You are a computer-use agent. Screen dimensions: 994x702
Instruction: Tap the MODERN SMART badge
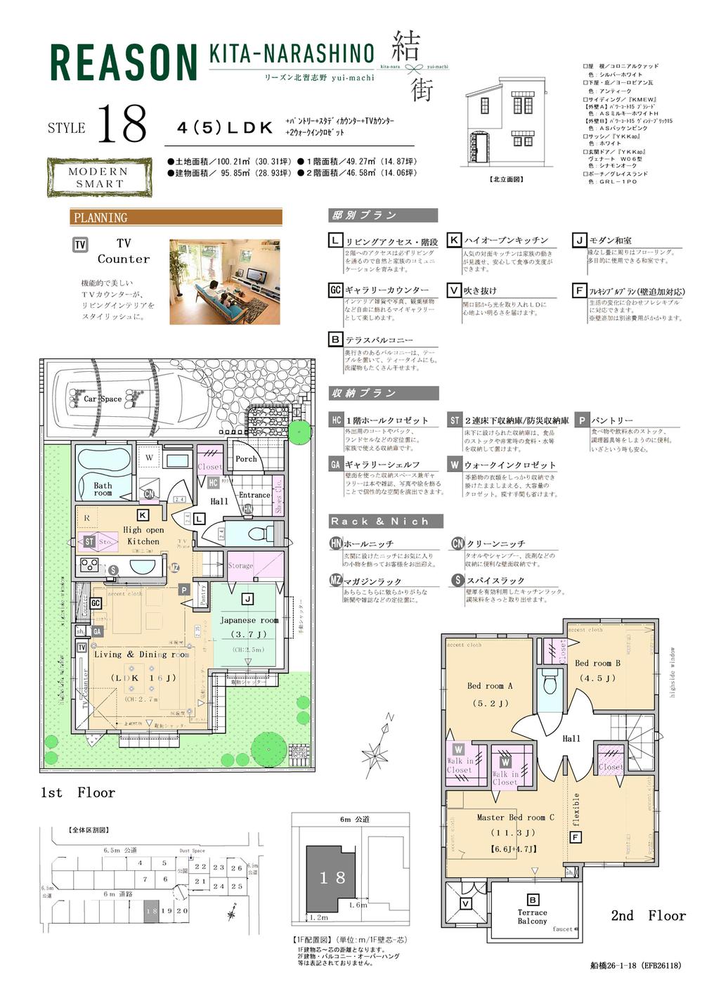click(x=99, y=177)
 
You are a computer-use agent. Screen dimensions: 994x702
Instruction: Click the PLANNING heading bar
click(x=176, y=217)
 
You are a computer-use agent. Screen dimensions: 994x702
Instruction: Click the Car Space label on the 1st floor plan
click(x=103, y=399)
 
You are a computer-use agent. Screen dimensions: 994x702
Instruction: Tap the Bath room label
click(x=103, y=489)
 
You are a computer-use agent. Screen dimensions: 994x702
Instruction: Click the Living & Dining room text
click(x=141, y=654)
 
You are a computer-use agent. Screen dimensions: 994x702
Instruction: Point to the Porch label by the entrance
click(x=246, y=459)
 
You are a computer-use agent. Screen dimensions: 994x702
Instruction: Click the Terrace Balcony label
click(x=532, y=917)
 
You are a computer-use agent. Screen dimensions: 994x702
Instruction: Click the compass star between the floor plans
click(x=375, y=756)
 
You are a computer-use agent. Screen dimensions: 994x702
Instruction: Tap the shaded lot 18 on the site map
click(x=151, y=910)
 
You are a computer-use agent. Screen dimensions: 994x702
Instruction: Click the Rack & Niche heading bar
click(x=386, y=522)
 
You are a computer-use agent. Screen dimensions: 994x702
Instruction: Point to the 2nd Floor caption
click(x=647, y=915)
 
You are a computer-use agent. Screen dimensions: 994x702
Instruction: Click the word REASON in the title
click(x=124, y=63)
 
